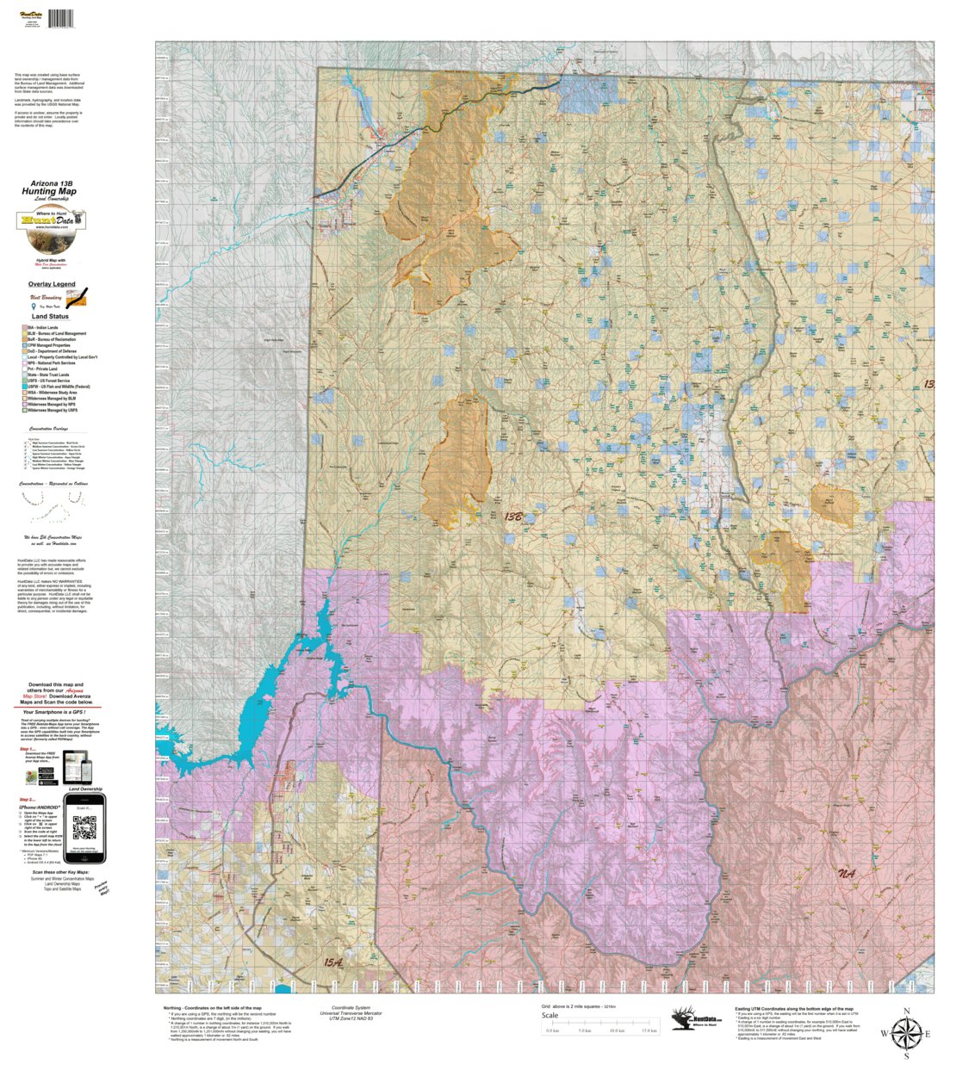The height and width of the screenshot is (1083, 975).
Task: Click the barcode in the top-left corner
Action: click(60, 18)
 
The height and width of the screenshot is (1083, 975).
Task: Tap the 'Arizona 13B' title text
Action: click(52, 183)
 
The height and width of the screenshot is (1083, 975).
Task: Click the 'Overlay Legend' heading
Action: click(52, 284)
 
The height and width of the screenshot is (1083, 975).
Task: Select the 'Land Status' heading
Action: click(50, 317)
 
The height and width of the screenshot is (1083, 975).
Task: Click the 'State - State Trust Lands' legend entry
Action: click(50, 374)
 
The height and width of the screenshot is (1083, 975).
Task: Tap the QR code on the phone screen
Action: click(84, 828)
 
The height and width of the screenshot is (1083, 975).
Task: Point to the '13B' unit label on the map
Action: click(513, 517)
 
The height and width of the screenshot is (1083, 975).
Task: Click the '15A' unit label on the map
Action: click(333, 962)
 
